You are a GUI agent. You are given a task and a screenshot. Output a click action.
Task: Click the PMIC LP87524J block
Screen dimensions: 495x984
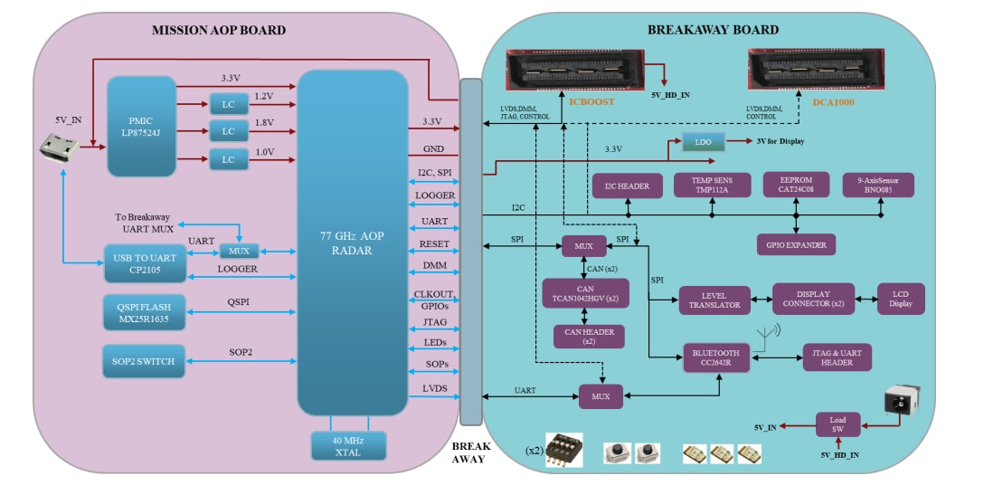[141, 127]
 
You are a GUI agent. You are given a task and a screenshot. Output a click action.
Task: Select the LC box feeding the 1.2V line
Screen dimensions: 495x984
[229, 103]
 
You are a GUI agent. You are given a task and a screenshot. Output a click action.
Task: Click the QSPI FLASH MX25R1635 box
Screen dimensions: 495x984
[144, 310]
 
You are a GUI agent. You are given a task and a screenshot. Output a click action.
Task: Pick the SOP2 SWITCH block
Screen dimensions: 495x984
[144, 361]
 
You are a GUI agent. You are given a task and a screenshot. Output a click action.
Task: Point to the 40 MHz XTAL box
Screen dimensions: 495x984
[348, 446]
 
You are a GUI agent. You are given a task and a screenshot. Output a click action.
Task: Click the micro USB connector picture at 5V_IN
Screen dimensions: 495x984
[56, 148]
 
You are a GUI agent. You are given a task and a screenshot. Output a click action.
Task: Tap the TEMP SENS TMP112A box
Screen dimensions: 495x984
[713, 186]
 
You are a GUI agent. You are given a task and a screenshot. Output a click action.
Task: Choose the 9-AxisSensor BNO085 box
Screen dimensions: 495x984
[878, 186]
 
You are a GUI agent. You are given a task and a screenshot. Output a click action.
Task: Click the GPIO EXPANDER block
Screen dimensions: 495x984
[796, 243]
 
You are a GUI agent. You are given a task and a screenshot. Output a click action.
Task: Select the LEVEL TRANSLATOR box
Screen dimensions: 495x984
[714, 300]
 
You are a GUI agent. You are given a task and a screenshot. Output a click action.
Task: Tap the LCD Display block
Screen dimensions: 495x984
[901, 300]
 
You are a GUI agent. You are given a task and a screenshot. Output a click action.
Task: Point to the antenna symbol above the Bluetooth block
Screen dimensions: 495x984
[770, 337]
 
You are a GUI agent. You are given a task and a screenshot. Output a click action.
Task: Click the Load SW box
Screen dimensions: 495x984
[838, 424]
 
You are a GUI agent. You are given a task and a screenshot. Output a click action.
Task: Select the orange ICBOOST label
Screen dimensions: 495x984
[593, 102]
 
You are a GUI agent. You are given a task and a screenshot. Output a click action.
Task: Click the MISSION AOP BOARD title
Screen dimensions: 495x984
[219, 30]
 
